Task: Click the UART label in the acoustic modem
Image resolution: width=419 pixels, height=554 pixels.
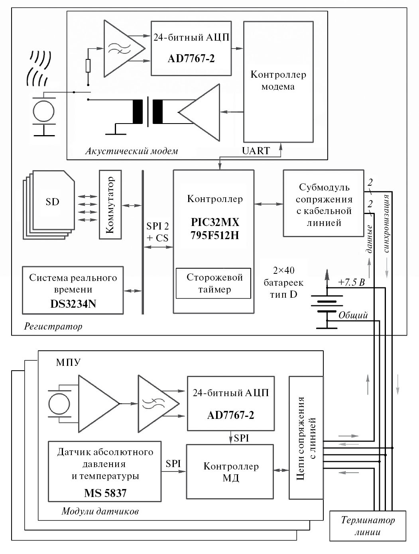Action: pos(256,151)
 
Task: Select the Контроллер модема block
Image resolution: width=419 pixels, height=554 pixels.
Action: pos(278,81)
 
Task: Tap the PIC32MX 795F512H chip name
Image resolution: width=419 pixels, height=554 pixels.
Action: pos(214,228)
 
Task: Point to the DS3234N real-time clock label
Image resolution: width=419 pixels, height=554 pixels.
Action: pos(73,304)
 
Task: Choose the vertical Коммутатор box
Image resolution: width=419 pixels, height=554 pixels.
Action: pos(110,204)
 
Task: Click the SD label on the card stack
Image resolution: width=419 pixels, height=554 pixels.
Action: pos(52,202)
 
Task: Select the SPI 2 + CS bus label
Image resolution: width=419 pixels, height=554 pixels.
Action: pos(157,232)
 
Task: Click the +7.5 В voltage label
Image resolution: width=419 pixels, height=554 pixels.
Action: pos(351,283)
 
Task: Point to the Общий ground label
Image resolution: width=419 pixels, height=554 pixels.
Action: pos(353,315)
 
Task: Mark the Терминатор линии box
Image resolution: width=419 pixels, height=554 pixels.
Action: pos(367,526)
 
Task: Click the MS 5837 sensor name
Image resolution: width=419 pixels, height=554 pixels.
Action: pos(105,493)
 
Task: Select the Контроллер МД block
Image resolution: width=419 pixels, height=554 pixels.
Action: pos(230,471)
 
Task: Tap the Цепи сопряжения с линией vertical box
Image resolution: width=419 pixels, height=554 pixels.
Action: pos(306,437)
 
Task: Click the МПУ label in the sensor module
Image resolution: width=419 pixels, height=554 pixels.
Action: pos(68,362)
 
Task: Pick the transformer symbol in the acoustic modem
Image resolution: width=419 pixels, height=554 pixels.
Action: pos(148,112)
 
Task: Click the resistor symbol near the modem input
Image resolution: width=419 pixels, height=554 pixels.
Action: pos(88,66)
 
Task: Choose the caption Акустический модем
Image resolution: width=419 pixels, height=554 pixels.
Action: pos(132,151)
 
